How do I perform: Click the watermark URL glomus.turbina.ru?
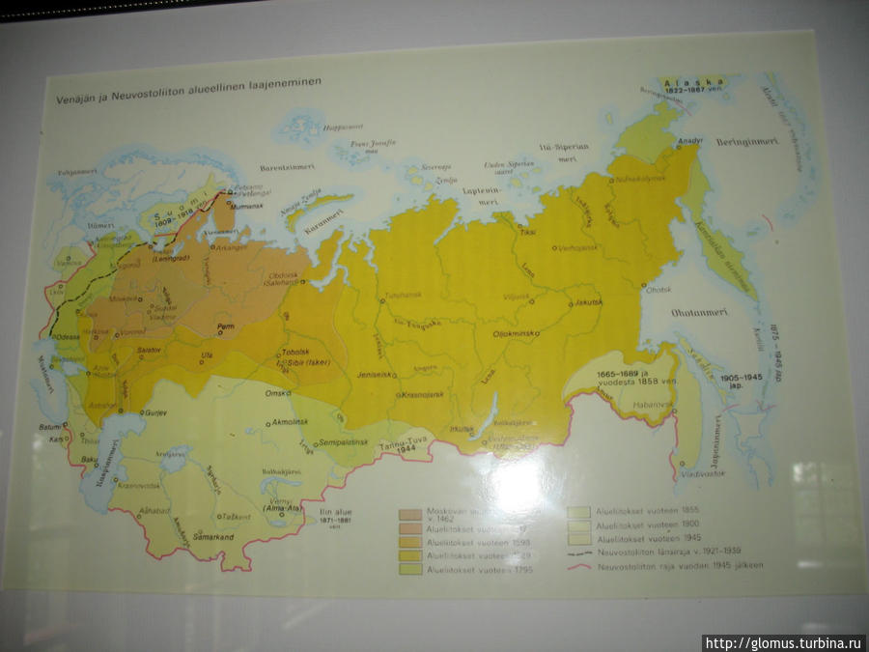coord(782,643)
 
